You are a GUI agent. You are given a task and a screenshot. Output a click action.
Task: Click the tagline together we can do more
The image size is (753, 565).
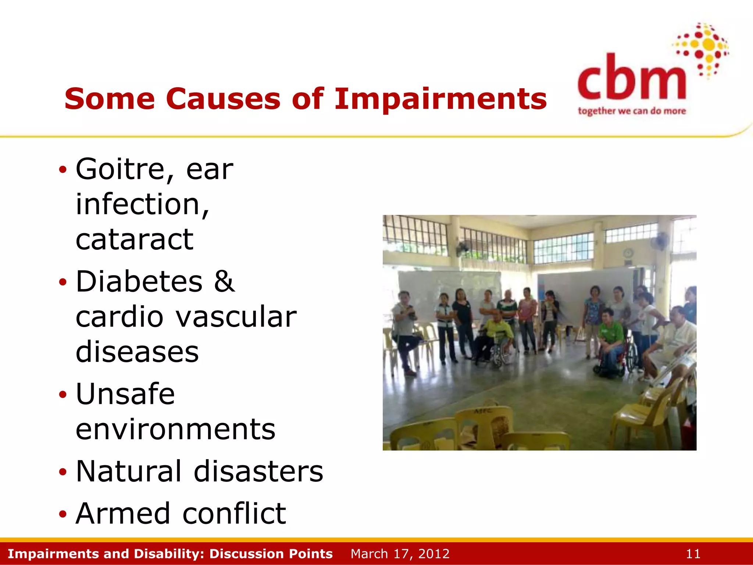click(x=631, y=111)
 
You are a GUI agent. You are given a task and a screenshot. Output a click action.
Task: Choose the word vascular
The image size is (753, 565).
click(x=236, y=317)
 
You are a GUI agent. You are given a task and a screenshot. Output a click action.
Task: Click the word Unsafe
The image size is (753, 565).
click(x=125, y=394)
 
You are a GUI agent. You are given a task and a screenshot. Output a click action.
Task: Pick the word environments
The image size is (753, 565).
click(x=175, y=429)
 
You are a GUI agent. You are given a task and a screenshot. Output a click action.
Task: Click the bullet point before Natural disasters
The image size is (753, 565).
click(x=63, y=472)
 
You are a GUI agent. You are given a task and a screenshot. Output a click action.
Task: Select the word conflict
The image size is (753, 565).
click(x=234, y=514)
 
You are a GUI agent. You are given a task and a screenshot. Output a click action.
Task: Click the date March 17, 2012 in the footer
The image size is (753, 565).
click(x=400, y=554)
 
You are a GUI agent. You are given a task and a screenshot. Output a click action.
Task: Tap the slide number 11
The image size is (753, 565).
click(x=693, y=554)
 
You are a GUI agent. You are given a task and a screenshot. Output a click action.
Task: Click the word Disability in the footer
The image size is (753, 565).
click(x=169, y=554)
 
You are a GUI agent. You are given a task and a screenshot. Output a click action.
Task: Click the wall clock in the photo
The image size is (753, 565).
click(x=628, y=253)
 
